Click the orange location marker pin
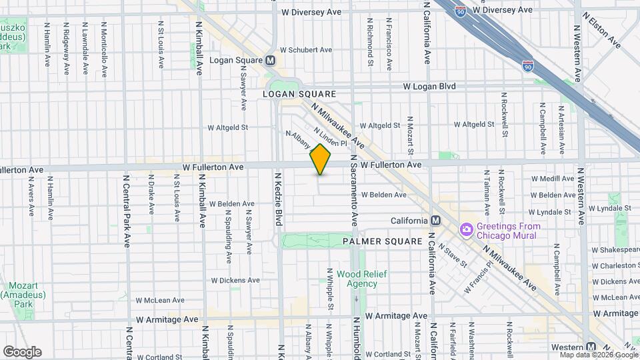[321, 159]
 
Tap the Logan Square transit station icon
[271, 60]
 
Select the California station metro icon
[435, 221]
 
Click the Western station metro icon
[591, 347]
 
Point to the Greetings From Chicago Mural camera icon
[467, 230]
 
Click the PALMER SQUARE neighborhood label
[383, 241]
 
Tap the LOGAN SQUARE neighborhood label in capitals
[299, 95]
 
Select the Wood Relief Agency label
[357, 279]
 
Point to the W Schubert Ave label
[305, 50]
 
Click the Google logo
[22, 351]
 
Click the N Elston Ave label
[601, 29]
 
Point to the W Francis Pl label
[480, 274]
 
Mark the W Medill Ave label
[552, 179]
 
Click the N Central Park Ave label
[127, 211]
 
